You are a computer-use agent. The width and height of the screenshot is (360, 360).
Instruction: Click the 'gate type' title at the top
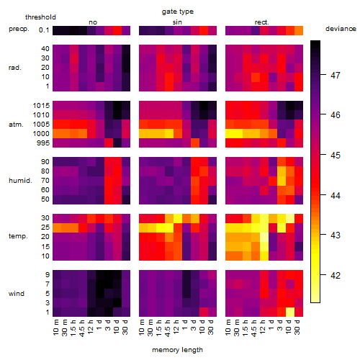[x=178, y=12]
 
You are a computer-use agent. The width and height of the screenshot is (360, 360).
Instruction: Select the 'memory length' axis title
[x=177, y=350]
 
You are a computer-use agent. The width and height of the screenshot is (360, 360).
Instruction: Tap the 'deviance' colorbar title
[x=341, y=29]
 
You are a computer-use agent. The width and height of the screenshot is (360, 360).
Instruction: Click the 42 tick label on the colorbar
[x=335, y=275]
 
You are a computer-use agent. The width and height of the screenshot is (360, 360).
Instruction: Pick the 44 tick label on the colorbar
[x=335, y=196]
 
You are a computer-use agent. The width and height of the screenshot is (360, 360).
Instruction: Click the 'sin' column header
[x=177, y=22]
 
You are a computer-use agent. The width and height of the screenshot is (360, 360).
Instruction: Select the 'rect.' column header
[x=261, y=22]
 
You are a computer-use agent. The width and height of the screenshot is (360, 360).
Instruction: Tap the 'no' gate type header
[x=93, y=22]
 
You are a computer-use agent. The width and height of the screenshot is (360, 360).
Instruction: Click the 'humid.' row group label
[x=20, y=181]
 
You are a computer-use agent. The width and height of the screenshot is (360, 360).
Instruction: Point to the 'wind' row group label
[x=17, y=294]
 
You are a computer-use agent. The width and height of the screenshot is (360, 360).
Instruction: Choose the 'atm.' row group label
[x=16, y=125]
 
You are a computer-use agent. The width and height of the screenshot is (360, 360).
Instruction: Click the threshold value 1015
[x=41, y=106]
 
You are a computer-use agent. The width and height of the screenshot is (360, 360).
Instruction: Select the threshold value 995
[x=43, y=143]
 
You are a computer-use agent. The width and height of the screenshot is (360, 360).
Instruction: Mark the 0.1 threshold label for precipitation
[x=44, y=30]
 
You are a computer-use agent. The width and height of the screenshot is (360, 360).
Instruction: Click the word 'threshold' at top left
[x=40, y=17]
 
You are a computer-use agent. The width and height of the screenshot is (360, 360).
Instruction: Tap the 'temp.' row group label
[x=18, y=236]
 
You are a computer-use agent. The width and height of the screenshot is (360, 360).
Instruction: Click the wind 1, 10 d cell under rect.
[x=290, y=312]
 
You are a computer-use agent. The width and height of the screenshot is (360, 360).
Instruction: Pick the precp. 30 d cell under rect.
[x=299, y=30]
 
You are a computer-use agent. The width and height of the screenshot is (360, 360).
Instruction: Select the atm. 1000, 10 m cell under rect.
[x=230, y=134]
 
